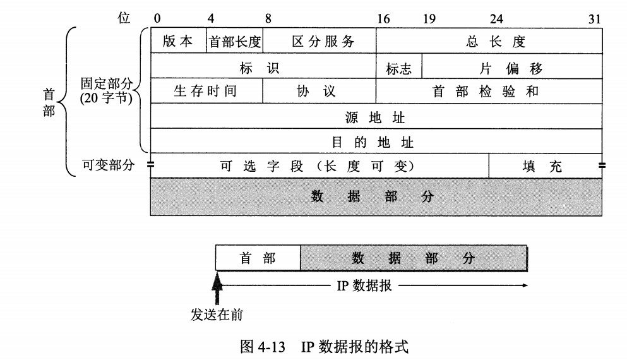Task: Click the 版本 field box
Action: (x=179, y=42)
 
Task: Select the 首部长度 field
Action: (x=235, y=42)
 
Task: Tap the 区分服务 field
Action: (x=319, y=42)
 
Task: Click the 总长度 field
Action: (x=489, y=42)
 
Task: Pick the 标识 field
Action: (x=263, y=68)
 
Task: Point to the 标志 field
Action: (x=399, y=68)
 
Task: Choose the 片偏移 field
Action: (x=512, y=68)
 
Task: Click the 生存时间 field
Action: (x=206, y=91)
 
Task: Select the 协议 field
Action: (x=319, y=91)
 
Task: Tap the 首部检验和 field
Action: (x=489, y=91)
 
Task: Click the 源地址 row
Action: (x=376, y=117)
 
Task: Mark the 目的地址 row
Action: (x=376, y=141)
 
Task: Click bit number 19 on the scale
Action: (x=429, y=19)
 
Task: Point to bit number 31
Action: (x=594, y=19)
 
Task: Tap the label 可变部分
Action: (x=108, y=165)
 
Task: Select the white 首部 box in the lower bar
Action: (x=258, y=258)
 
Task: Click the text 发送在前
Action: (x=217, y=314)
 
